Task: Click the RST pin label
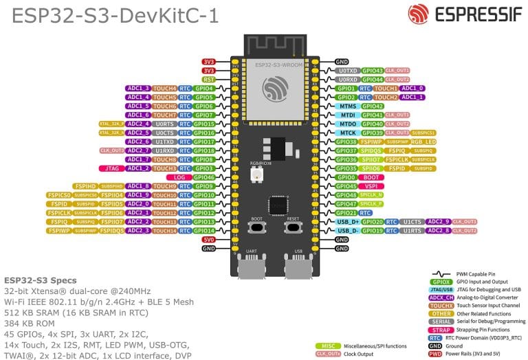208,79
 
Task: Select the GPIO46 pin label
204,177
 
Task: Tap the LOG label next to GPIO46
180,177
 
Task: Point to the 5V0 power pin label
208,239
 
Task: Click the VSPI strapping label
371,186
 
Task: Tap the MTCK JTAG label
348,133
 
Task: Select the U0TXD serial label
348,70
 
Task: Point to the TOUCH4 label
164,88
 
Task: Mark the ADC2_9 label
438,222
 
